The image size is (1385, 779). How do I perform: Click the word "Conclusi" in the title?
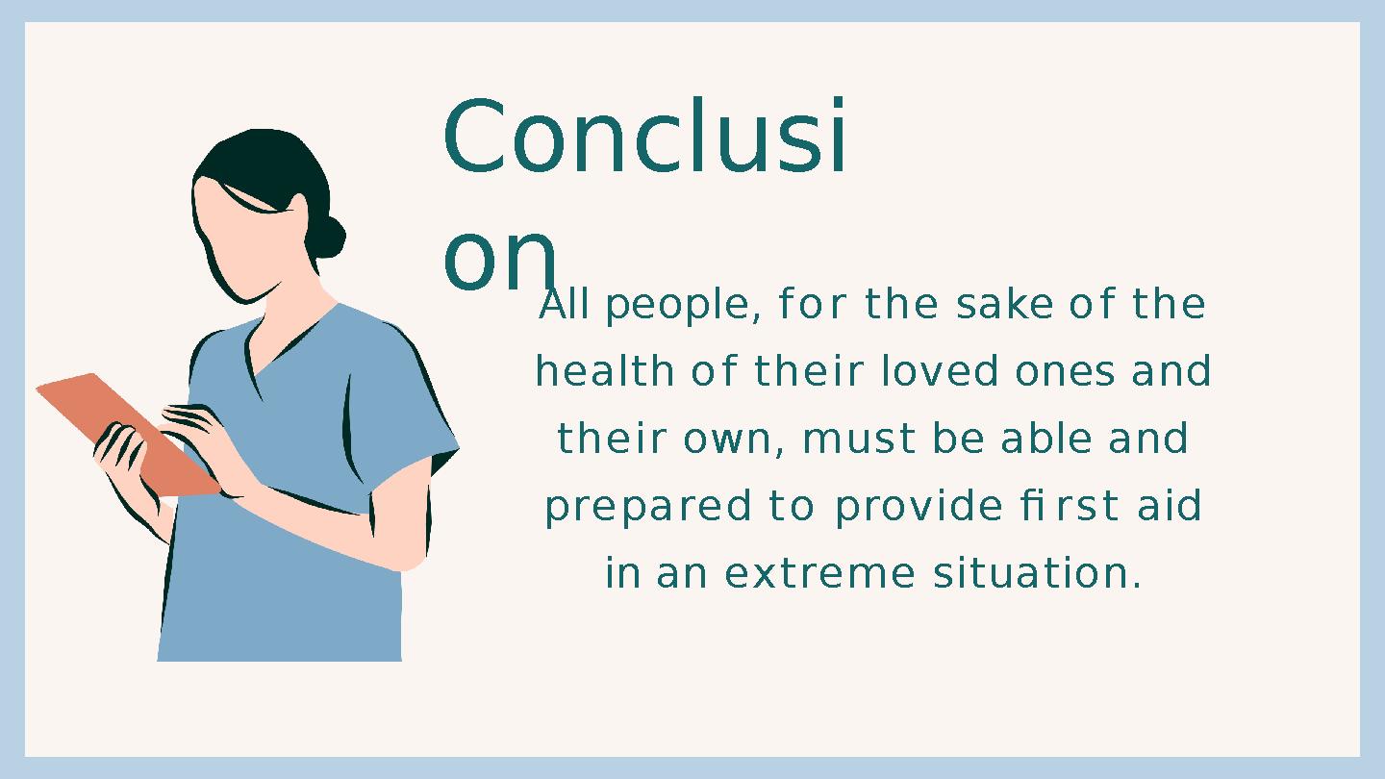(x=645, y=138)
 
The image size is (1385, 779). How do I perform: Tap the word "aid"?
(x=1170, y=507)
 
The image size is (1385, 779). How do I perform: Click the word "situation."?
(x=1037, y=574)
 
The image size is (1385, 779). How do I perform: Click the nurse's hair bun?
(x=326, y=237)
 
